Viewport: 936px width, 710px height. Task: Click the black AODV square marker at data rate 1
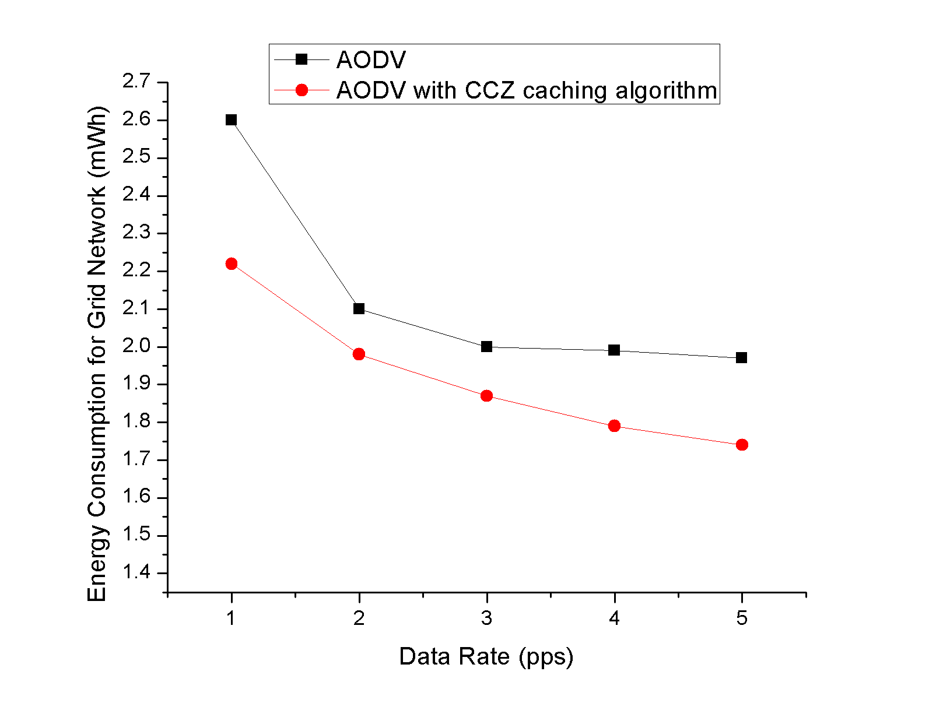[x=231, y=120]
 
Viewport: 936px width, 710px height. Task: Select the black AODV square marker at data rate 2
[x=359, y=308]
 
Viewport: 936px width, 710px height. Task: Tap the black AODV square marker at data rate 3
[x=486, y=346]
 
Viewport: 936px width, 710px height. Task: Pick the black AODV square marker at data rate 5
[x=741, y=357]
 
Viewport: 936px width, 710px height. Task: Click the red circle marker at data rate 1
[x=231, y=263]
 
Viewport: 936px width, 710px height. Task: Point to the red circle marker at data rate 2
[x=359, y=354]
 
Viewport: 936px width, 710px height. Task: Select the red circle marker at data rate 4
[x=614, y=426]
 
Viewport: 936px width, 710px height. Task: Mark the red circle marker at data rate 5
[x=741, y=445]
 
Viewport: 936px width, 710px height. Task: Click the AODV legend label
[x=371, y=60]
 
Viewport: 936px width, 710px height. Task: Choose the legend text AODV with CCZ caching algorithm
[x=527, y=90]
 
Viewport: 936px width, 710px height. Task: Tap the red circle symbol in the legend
[x=302, y=90]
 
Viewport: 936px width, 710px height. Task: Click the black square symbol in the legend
[x=302, y=59]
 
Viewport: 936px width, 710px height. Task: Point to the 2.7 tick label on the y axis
[x=136, y=82]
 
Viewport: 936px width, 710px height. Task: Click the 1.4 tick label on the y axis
[x=136, y=572]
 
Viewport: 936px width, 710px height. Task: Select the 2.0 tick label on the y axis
[x=136, y=346]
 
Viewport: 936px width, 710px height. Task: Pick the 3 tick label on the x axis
[x=486, y=618]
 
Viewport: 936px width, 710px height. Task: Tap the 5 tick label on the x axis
[x=741, y=618]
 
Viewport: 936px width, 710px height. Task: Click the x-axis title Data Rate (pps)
[x=486, y=657]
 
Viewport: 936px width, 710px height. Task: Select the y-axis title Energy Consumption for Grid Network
[x=97, y=354]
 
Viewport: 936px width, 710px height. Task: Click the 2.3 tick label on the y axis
[x=136, y=233]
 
